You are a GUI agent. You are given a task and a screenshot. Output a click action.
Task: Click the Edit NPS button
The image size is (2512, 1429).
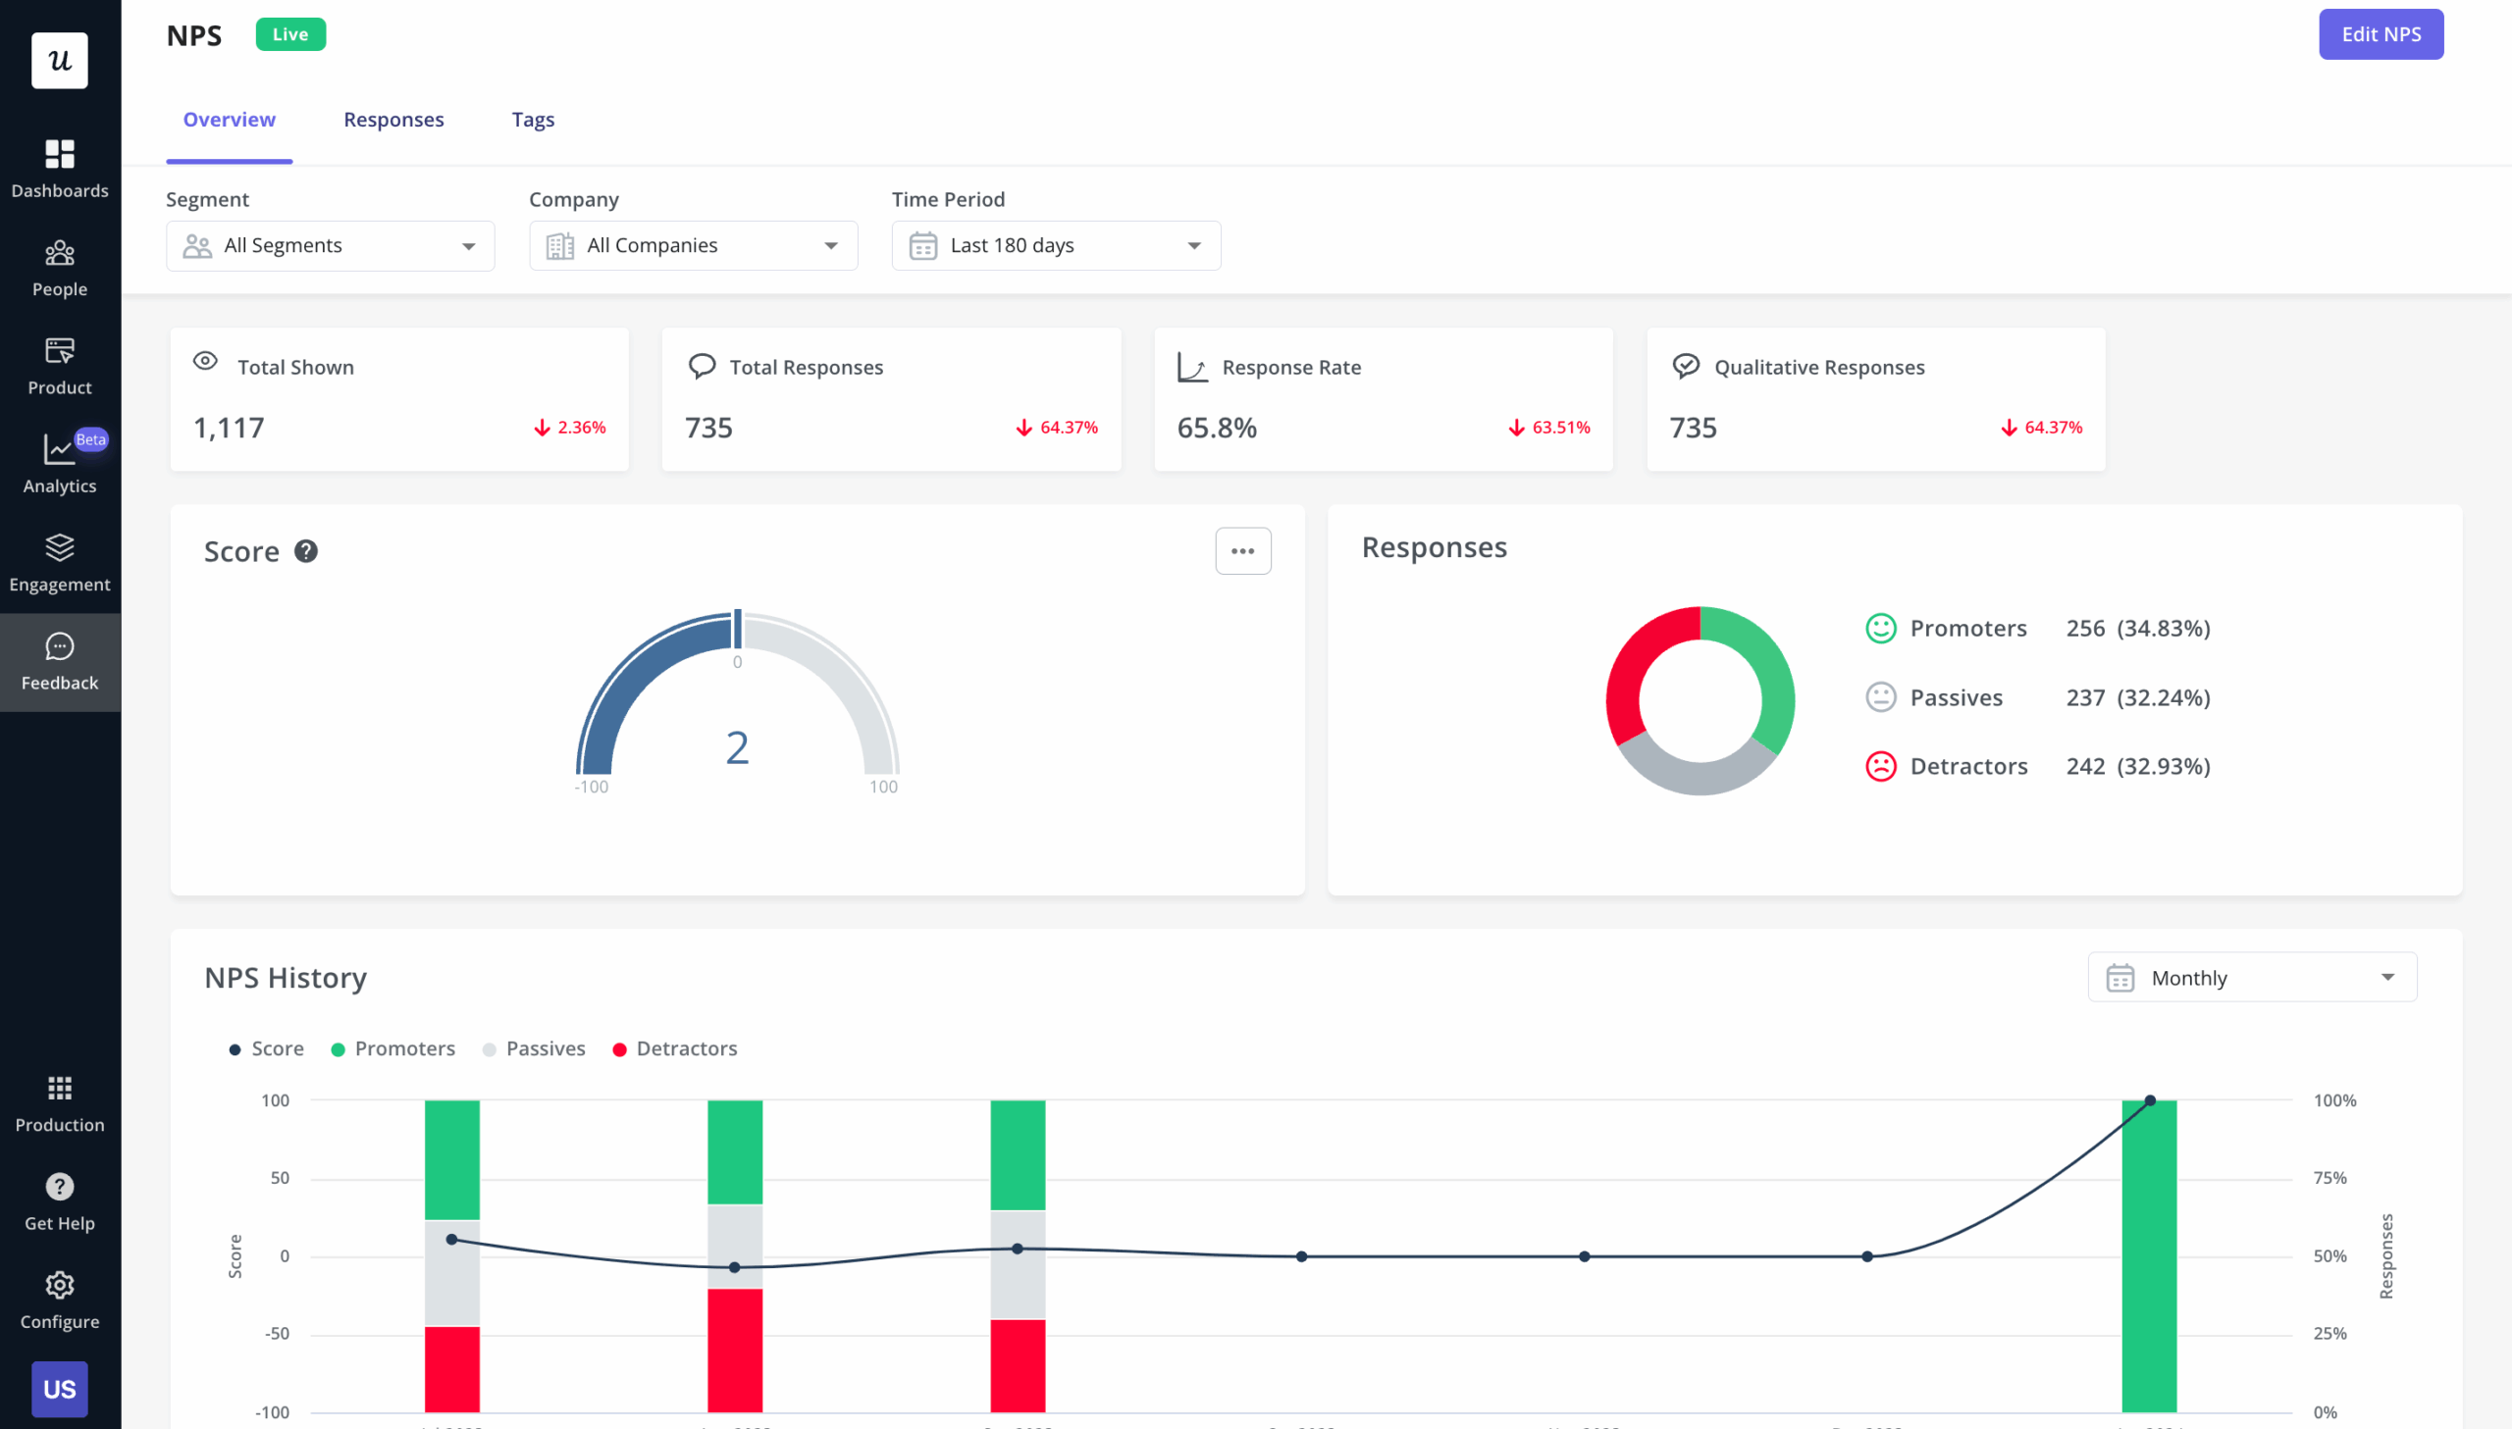click(x=2380, y=34)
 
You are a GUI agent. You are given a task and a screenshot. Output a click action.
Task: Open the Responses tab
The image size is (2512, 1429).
click(x=392, y=120)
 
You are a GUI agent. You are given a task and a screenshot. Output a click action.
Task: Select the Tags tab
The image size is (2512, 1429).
click(x=532, y=120)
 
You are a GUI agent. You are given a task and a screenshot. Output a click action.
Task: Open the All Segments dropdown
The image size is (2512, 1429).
click(x=330, y=245)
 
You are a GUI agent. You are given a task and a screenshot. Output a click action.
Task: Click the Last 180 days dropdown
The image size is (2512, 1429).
click(x=1055, y=245)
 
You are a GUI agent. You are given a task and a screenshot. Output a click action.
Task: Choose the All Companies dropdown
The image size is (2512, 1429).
click(x=693, y=245)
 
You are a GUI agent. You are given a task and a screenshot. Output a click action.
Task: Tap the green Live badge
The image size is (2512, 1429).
click(x=289, y=34)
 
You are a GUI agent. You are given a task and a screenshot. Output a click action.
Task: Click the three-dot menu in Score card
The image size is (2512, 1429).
click(x=1241, y=550)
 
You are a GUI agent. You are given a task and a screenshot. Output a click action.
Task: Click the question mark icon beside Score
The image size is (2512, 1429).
click(x=306, y=551)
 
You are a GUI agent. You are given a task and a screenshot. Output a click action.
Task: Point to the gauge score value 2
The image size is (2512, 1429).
click(x=736, y=748)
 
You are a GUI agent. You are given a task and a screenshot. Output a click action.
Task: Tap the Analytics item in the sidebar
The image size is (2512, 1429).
click(x=60, y=462)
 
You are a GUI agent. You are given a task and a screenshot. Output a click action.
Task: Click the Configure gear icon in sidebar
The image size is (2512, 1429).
click(x=60, y=1285)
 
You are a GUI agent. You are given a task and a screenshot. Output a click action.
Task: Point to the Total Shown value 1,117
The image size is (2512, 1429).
click(x=229, y=428)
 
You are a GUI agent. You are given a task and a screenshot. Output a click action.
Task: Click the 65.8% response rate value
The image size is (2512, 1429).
click(x=1215, y=428)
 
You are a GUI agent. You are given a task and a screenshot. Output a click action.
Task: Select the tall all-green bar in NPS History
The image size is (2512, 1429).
click(x=2148, y=1256)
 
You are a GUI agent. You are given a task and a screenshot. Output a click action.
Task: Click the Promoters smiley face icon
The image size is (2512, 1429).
click(x=1879, y=628)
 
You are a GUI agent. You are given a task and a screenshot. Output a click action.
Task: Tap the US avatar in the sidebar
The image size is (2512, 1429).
click(x=60, y=1388)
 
